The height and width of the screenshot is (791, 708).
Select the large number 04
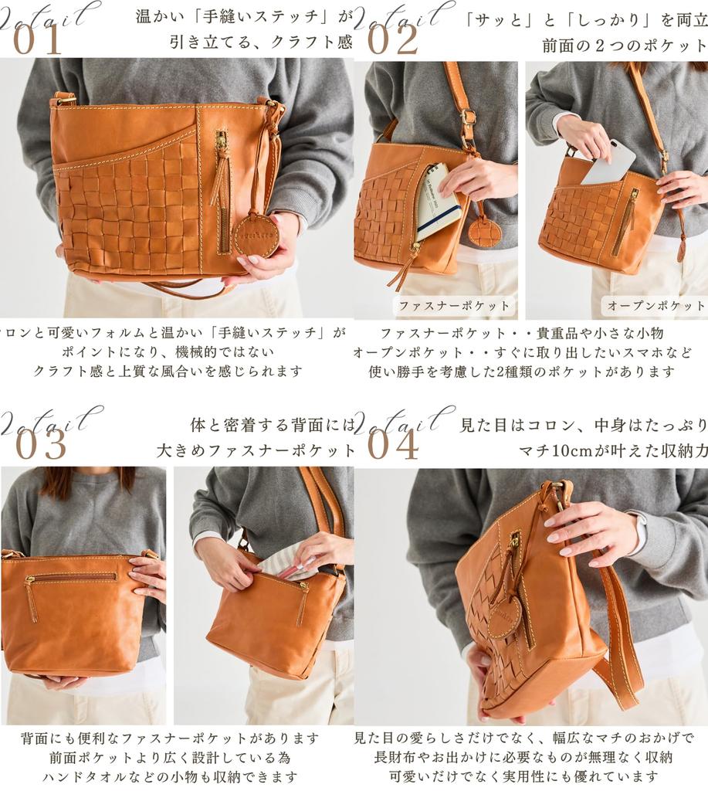coord(393,445)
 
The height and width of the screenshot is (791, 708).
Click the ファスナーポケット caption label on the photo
coord(454,306)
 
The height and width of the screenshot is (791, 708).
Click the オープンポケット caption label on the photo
coord(655,306)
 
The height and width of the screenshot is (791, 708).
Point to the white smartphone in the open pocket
coord(608,163)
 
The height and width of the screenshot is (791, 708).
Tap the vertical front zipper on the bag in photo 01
coord(222,185)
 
